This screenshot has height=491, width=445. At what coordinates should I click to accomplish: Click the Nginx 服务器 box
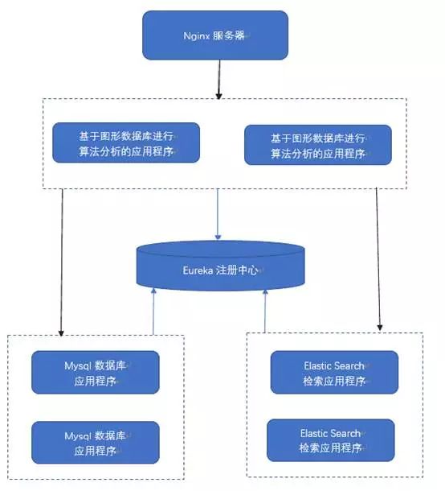pos(215,35)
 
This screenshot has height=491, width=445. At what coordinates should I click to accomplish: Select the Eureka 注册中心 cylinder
pos(220,266)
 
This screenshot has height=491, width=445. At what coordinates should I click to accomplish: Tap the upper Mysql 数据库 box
pos(96,373)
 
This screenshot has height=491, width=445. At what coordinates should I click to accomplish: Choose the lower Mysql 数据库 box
pos(96,443)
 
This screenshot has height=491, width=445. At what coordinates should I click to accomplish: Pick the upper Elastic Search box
pos(334,373)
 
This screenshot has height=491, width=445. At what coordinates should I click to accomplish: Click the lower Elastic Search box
pos(331,440)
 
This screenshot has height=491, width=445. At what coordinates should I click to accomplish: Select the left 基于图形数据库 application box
pos(126,142)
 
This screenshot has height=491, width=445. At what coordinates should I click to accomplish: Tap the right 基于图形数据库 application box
pos(318,145)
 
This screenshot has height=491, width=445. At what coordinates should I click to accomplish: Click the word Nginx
pos(197,35)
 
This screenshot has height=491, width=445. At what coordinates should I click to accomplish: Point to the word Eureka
pos(198,270)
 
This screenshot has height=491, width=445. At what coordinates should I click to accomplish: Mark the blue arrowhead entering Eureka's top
pos(218,237)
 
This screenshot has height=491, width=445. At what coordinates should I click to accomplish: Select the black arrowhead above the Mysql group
pos(61,333)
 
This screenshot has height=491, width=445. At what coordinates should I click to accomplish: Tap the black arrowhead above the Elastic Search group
pos(380,328)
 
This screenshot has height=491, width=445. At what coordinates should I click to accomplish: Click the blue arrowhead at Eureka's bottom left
pos(153,291)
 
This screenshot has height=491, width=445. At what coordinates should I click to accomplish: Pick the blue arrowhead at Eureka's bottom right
pos(265,292)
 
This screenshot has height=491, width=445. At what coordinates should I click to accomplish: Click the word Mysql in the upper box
pos(78,366)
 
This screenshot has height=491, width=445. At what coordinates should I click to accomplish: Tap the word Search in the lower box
pos(346,433)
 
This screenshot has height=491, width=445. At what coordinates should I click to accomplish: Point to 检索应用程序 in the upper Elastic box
pos(334,381)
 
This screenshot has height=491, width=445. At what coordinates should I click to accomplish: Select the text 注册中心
pos(237,270)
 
